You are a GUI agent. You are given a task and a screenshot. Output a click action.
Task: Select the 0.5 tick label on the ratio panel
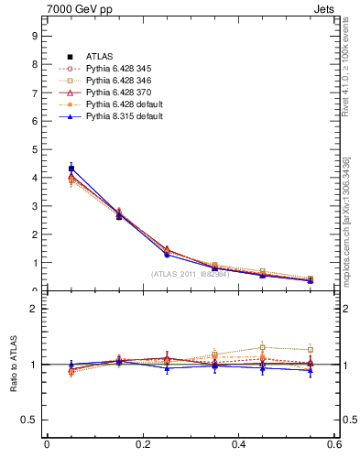pyautogui.click(x=30, y=420)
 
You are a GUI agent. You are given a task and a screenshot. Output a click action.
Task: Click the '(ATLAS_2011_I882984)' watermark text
pyautogui.click(x=190, y=274)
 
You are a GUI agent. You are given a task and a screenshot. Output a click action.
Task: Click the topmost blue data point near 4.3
pyautogui.click(x=71, y=169)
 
